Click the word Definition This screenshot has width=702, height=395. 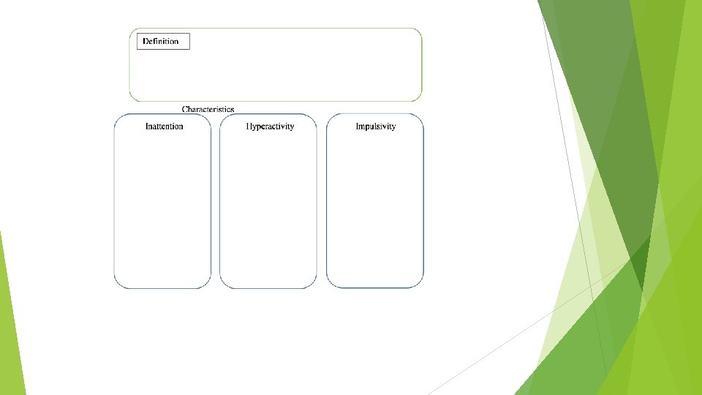pos(161,42)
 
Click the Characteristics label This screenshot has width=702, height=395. pos(208,109)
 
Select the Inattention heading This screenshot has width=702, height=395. pos(164,127)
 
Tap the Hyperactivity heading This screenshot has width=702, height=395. pos(270,127)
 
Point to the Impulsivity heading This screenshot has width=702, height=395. pos(375,127)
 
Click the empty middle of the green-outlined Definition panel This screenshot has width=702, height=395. pos(292,69)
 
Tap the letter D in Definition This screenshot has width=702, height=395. pos(146,42)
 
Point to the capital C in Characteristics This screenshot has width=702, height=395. pos(185,109)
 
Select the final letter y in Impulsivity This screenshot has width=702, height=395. pos(393,127)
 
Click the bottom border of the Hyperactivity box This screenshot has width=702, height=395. pos(268,287)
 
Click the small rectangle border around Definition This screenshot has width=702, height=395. pos(189,42)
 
